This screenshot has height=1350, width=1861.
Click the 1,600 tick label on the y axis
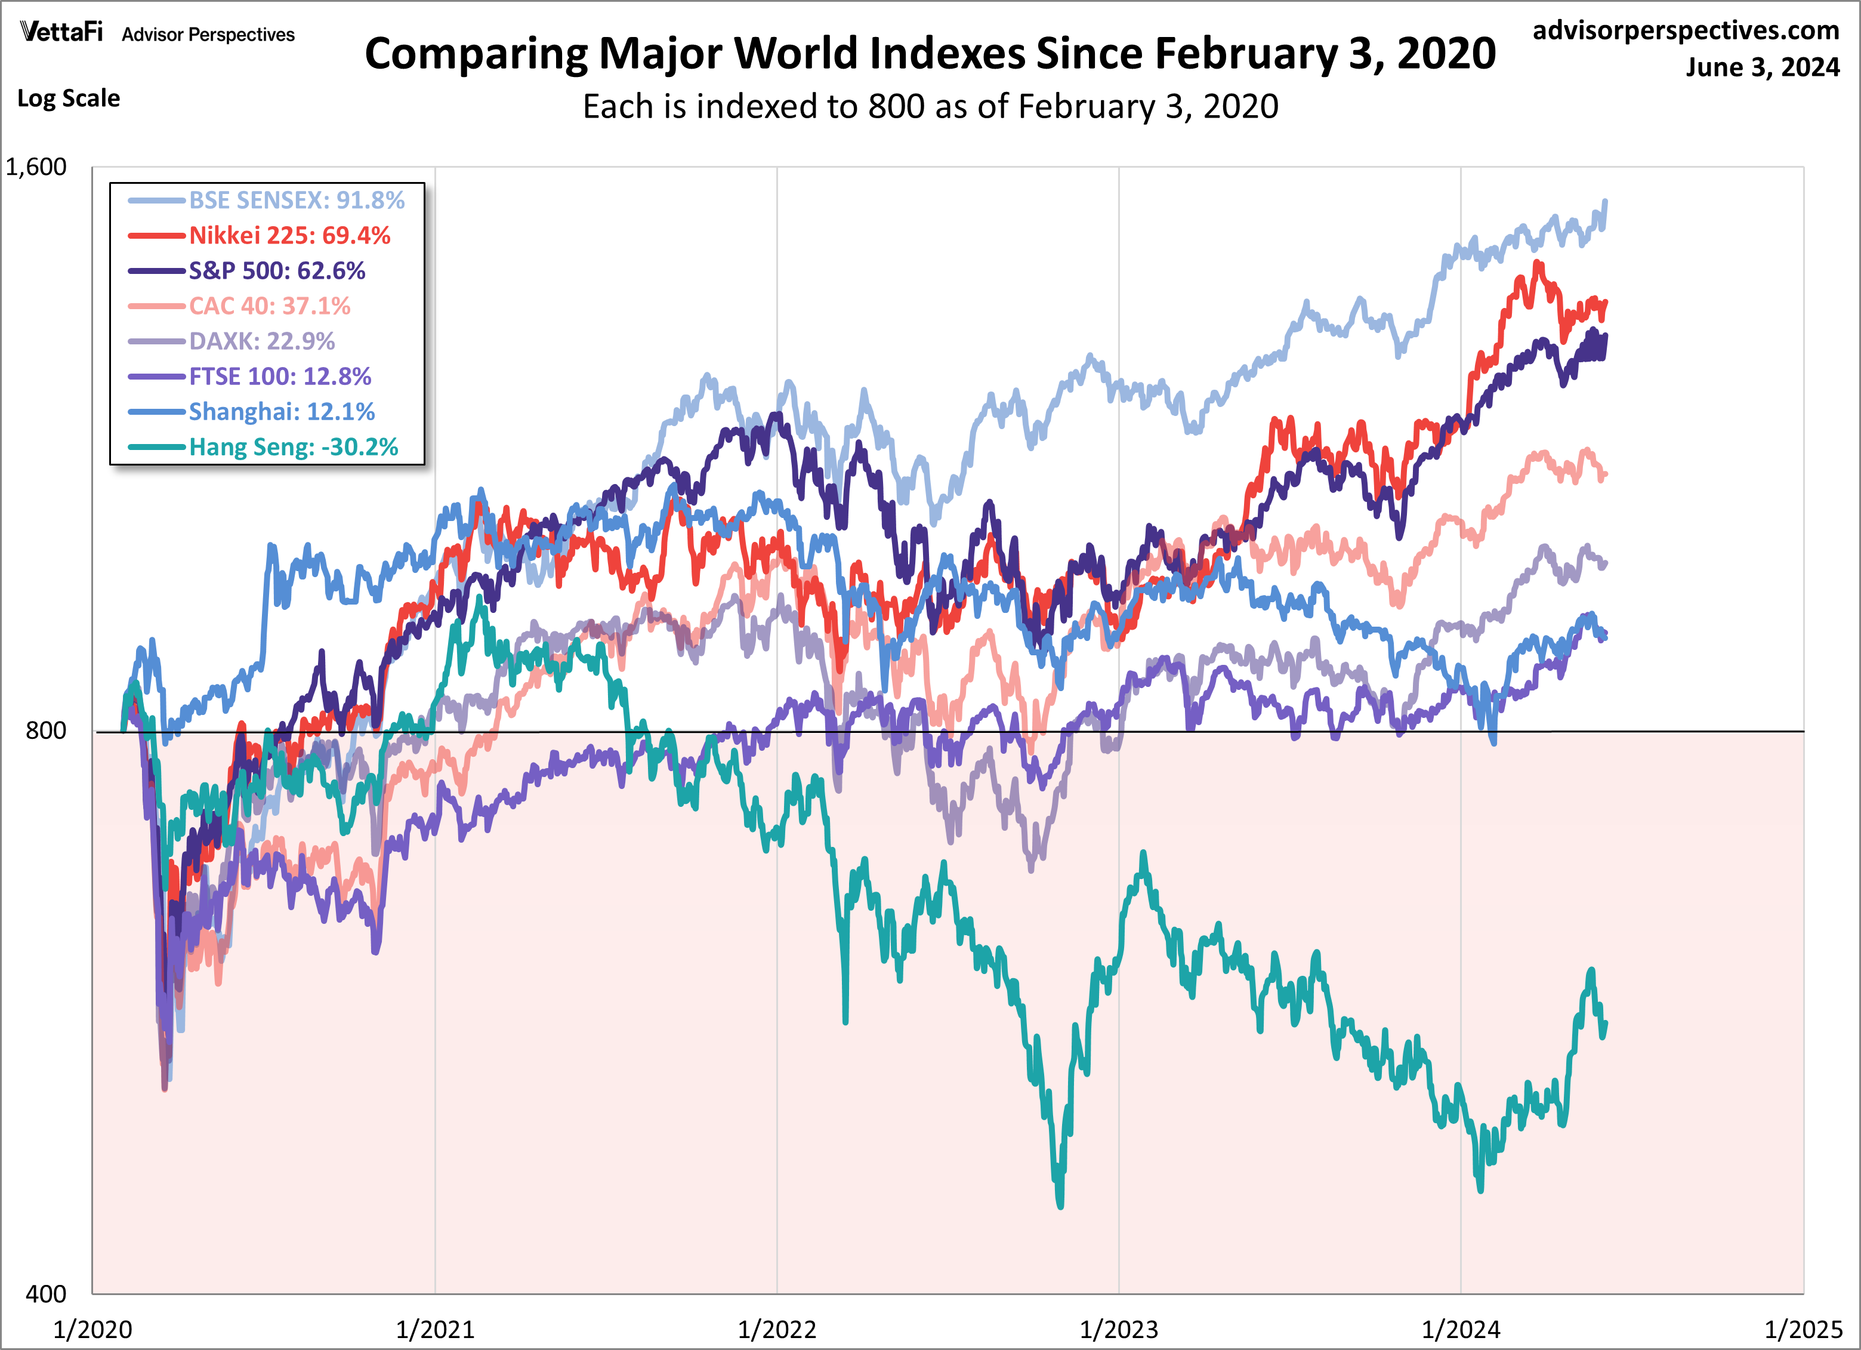(36, 168)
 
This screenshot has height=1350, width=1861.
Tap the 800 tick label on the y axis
(46, 731)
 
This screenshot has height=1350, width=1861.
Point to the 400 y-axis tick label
(46, 1294)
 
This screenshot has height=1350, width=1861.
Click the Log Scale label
(69, 98)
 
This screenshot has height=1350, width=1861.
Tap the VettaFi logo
(61, 32)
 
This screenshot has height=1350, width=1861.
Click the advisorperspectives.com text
(1686, 30)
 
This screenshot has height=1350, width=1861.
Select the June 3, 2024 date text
(1762, 67)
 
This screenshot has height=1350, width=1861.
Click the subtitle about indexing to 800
(930, 107)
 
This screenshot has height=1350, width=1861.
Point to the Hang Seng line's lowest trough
(1060, 1205)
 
